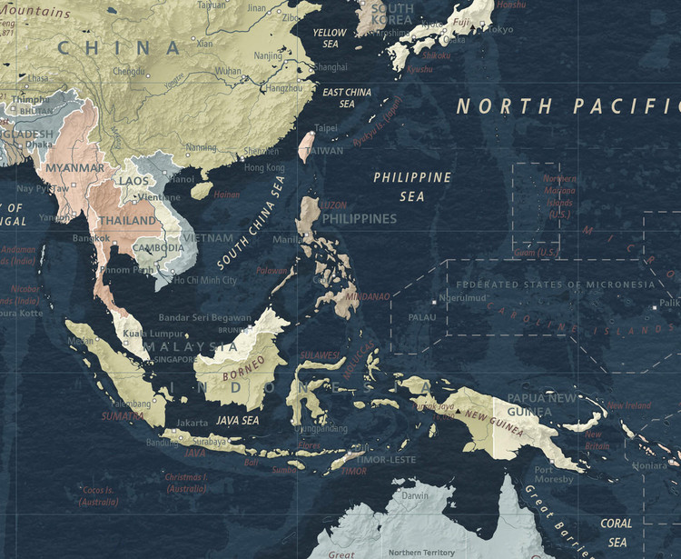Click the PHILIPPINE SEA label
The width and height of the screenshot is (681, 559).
click(412, 185)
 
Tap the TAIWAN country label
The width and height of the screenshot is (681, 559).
click(325, 151)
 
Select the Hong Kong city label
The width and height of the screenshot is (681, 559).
click(264, 168)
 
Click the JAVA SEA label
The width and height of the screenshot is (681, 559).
click(237, 421)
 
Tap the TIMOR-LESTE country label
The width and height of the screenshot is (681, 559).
click(389, 460)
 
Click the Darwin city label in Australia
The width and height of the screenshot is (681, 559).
click(416, 496)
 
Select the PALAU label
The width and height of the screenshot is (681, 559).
click(422, 318)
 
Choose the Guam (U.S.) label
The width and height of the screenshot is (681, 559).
click(537, 252)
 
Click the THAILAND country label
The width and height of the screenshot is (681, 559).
click(127, 221)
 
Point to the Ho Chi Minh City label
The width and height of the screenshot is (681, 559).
click(204, 281)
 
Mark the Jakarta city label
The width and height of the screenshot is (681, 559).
click(192, 423)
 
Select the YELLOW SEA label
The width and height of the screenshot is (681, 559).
click(330, 37)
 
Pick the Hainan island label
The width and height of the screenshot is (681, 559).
click(227, 195)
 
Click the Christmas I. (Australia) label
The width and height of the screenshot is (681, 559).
click(186, 483)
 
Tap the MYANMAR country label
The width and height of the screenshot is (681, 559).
click(74, 168)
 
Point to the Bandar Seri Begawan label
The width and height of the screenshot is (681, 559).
click(205, 317)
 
